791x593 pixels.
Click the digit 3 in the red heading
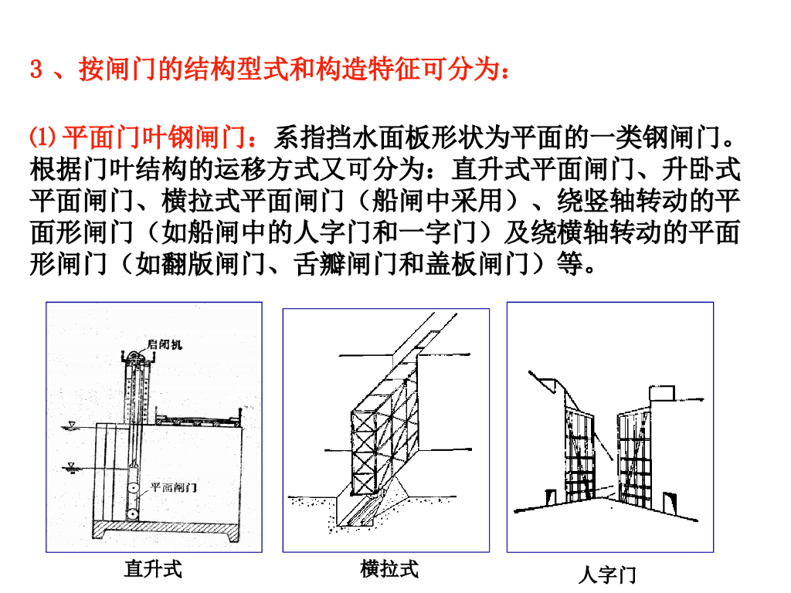[36, 69]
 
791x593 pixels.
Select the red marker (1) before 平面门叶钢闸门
[43, 137]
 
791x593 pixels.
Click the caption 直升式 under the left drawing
[153, 569]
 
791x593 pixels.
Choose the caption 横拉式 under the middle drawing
[389, 569]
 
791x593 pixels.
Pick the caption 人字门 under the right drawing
[607, 574]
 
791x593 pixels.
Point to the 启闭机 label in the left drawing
[165, 344]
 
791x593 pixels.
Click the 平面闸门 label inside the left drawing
[174, 487]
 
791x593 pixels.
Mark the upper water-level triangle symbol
[72, 425]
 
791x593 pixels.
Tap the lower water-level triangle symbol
[71, 466]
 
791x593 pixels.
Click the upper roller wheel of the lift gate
[134, 490]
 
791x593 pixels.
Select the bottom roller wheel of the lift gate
[133, 514]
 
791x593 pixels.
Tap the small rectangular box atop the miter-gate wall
[661, 393]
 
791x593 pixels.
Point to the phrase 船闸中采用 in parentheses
[437, 201]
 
